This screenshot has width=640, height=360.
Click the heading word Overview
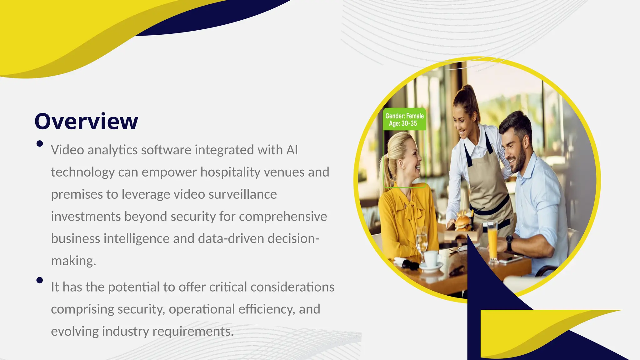(x=86, y=121)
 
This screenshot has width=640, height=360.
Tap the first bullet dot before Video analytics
(x=40, y=144)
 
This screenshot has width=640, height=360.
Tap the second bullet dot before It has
(x=40, y=280)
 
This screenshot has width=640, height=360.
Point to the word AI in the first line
(x=292, y=150)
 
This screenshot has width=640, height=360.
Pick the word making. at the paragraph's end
(x=73, y=261)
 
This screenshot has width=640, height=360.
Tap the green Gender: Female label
(x=404, y=116)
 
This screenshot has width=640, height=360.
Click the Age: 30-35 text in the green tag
(x=403, y=124)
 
